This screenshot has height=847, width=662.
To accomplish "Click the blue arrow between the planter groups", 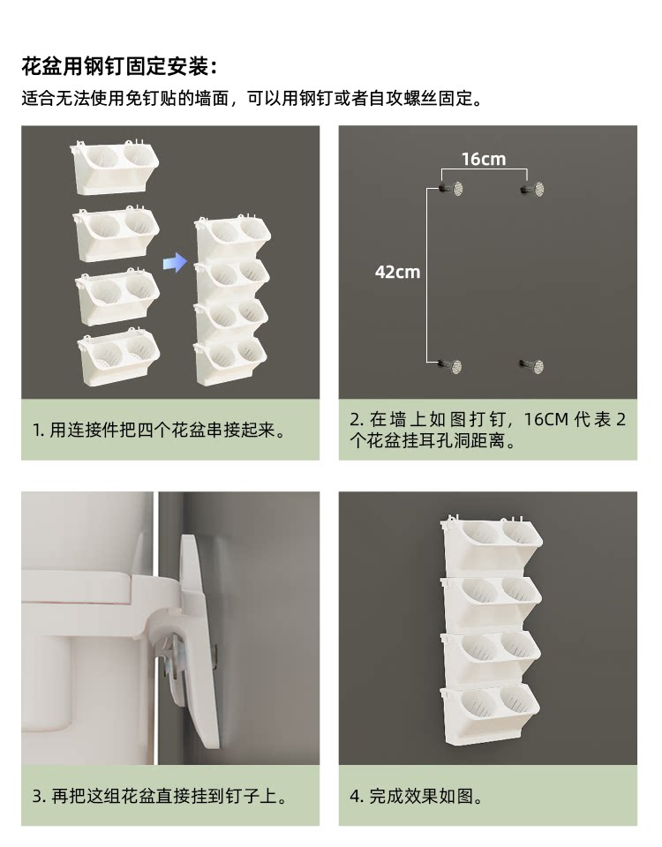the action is point(175,263).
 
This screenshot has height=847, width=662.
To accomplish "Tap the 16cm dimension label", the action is point(484,159).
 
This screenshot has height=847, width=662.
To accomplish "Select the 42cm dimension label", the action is point(398,272).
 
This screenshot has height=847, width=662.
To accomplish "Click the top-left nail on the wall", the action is point(452,189).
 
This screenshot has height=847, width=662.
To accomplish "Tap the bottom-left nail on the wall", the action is point(452,366).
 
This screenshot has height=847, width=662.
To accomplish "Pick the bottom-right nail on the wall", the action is point(531,366).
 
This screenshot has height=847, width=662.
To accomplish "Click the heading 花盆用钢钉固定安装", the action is point(119,66).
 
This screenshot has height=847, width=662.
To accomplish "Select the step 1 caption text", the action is point(160,431).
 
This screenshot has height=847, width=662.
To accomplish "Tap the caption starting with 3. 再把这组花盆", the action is point(161,796).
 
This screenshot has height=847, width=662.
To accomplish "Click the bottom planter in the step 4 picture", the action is point(491,715).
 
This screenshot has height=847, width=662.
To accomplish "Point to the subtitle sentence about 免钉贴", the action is point(252,99).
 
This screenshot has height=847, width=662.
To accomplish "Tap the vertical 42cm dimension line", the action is point(427,275).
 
